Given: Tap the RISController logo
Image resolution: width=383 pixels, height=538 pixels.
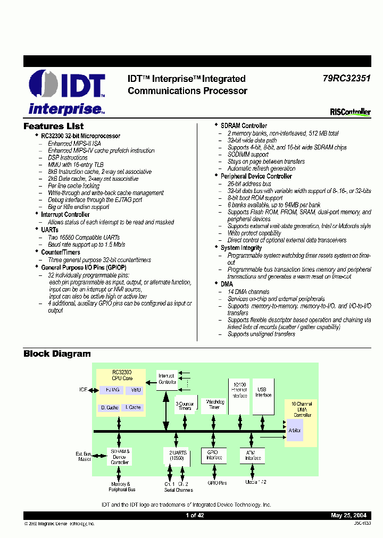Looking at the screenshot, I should [350, 112].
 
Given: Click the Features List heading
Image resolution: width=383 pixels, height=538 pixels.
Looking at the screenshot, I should [53, 127].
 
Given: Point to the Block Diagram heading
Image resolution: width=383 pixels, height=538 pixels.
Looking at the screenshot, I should [57, 354].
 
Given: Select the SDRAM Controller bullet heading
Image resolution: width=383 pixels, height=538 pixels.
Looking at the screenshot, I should [244, 126].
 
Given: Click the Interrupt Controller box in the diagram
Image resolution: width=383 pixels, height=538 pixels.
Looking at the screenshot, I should [167, 379].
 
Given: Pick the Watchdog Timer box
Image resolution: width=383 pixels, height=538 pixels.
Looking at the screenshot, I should [214, 405].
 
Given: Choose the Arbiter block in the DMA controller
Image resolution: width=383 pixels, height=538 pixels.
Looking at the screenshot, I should [295, 430].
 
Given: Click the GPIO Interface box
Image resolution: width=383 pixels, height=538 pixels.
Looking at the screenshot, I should [213, 455].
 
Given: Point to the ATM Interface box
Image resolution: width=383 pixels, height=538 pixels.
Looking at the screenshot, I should [253, 455].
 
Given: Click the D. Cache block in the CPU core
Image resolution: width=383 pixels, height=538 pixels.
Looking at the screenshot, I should [109, 408].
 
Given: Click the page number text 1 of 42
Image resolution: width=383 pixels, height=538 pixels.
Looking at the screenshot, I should [195, 515].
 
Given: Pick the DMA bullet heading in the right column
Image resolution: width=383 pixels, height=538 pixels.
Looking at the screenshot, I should [227, 284].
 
